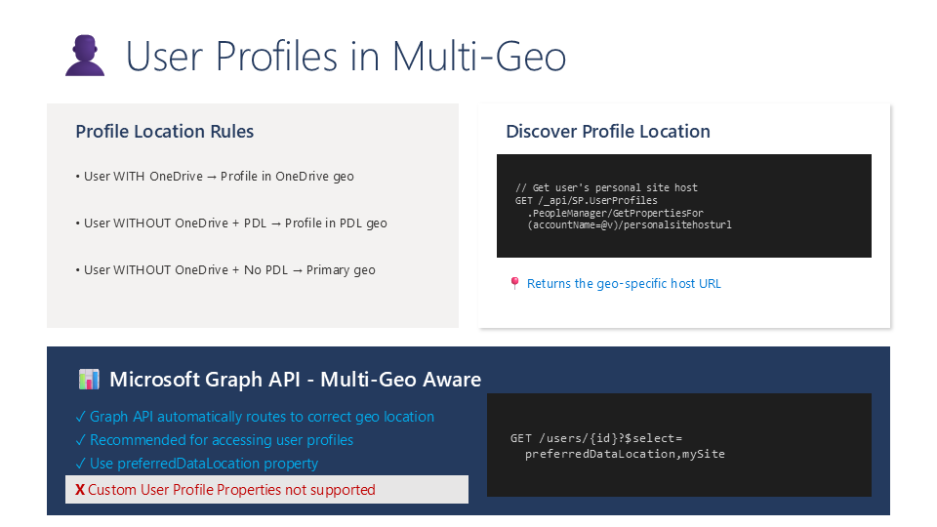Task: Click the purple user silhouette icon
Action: [85, 55]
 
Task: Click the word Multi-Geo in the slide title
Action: [478, 57]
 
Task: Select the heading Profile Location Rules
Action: [164, 132]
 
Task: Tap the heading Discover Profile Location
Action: [608, 132]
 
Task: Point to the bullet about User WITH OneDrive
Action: [215, 177]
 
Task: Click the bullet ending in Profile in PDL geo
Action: [231, 223]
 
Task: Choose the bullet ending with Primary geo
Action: [225, 270]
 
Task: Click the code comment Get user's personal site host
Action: [606, 187]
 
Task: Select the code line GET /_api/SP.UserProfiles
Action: [587, 200]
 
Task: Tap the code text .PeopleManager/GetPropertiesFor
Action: [615, 213]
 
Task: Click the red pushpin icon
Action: [514, 283]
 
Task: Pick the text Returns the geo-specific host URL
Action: [624, 284]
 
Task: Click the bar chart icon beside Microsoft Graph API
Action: [89, 380]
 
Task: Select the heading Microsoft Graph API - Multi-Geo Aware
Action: [295, 380]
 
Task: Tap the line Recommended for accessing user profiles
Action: [215, 440]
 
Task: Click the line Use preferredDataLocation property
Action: [197, 464]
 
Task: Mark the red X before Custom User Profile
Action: [80, 490]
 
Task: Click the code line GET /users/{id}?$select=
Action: [596, 438]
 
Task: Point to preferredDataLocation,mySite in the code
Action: [625, 454]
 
